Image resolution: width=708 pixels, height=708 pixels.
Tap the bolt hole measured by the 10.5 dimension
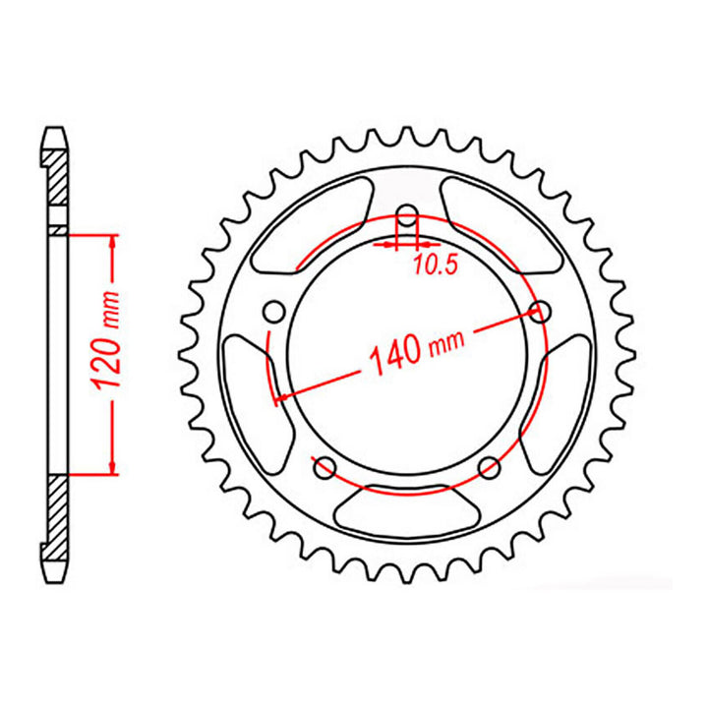[406, 217]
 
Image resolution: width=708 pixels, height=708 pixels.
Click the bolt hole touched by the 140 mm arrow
[538, 313]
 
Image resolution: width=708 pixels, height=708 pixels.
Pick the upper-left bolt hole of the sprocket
[275, 313]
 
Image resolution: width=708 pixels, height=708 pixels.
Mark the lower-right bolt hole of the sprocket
[488, 468]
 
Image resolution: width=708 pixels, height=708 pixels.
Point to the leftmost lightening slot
[246, 389]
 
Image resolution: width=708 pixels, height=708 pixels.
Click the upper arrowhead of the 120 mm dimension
[113, 242]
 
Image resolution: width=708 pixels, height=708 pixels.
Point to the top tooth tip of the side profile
[58, 129]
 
